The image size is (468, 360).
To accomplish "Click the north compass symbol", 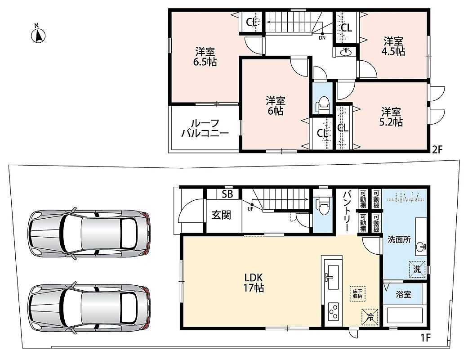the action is coord(38,34).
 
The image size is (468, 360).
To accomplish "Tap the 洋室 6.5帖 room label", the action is coord(206,57).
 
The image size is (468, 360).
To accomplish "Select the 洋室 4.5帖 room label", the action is coord(393,46).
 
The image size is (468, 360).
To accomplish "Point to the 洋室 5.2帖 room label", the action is coord(391,117).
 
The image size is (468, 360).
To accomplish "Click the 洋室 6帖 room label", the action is coord(276,106).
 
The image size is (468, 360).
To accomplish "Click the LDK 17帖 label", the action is coord(254,283).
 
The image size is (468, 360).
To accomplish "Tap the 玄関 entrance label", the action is coord(221,215).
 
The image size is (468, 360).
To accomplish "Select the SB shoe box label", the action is coord(227,194).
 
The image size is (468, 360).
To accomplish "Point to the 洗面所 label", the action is coord(399,239).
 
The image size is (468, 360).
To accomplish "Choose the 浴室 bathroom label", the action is coord(403,295).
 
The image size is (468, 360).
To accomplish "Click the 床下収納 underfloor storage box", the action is coord(357,294).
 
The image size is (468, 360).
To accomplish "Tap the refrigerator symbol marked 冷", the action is coord(370,316).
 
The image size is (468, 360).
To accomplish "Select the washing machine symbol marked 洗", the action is coord(417,269).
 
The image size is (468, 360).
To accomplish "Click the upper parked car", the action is coord(89,234).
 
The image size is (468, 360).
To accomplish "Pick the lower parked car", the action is coord(89,308).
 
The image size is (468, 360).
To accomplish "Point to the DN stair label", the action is coord(322,38).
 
